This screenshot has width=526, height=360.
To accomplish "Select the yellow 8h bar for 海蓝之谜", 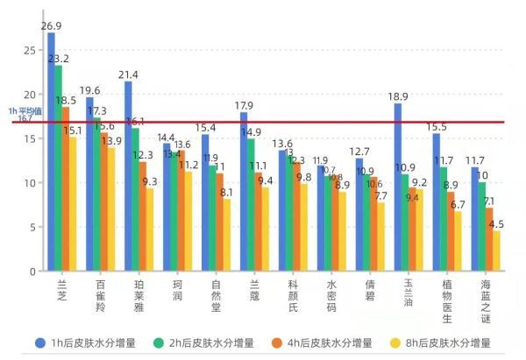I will click(497, 251).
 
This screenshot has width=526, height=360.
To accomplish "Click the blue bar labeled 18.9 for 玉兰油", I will click(397, 187).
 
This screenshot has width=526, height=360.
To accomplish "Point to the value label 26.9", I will click(51, 25).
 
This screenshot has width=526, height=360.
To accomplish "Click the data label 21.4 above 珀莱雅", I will click(128, 74).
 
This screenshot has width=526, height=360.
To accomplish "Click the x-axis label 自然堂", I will click(216, 297).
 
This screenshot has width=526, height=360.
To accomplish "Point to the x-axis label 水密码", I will click(331, 297).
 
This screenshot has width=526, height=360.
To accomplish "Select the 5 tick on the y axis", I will click(32, 227).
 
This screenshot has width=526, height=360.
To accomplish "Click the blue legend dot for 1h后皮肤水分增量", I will click(39, 342).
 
